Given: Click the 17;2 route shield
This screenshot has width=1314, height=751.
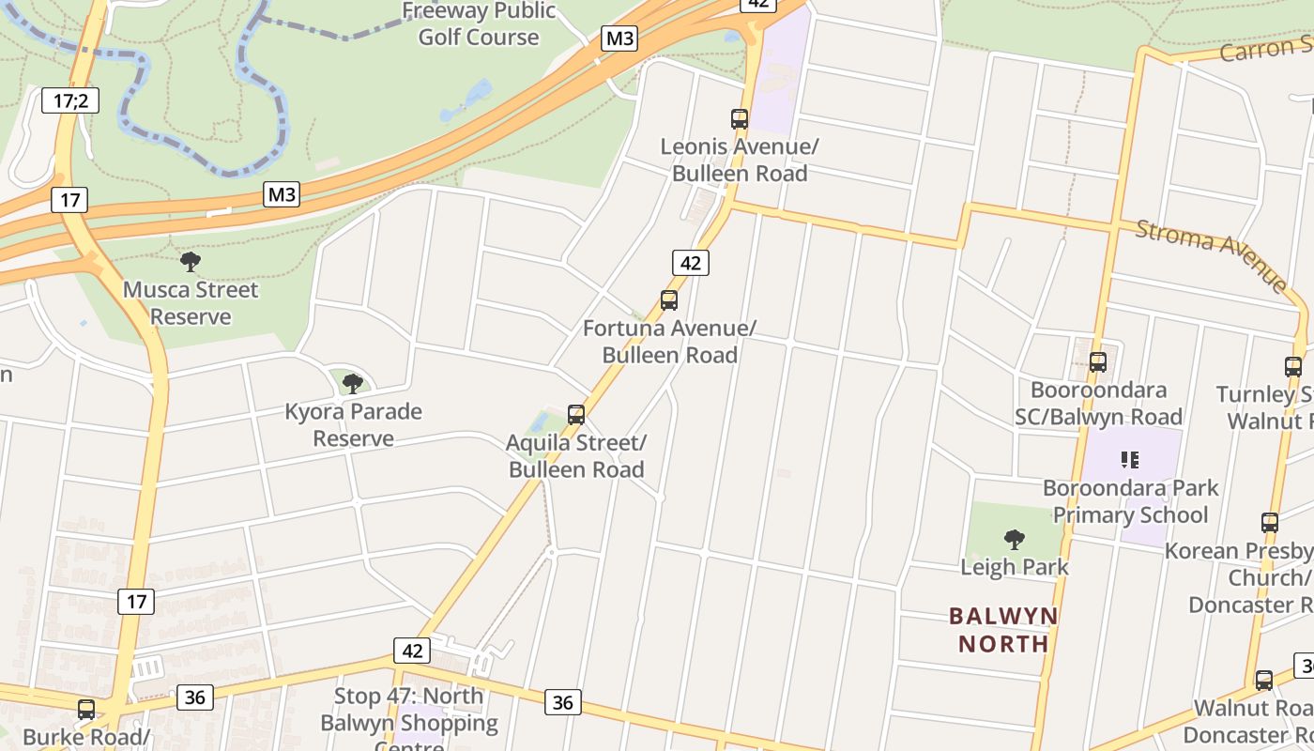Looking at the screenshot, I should pyautogui.click(x=70, y=100).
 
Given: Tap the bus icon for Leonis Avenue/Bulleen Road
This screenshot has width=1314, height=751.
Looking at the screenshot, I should pyautogui.click(x=740, y=119).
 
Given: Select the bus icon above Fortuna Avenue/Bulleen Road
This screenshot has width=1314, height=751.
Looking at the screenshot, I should pyautogui.click(x=669, y=300).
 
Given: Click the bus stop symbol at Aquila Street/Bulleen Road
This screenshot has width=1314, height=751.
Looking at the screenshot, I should pyautogui.click(x=576, y=415).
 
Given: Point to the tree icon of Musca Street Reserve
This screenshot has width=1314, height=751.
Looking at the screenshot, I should pyautogui.click(x=191, y=262).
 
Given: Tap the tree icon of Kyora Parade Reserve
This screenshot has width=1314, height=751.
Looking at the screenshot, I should pyautogui.click(x=353, y=383).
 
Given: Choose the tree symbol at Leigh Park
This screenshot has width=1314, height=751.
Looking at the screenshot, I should pyautogui.click(x=1014, y=540).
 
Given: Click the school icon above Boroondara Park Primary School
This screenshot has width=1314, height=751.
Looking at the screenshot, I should pyautogui.click(x=1130, y=460).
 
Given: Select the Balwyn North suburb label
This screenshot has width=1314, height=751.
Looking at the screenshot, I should pyautogui.click(x=1003, y=630).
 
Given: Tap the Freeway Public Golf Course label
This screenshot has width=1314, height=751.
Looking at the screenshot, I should pyautogui.click(x=479, y=24).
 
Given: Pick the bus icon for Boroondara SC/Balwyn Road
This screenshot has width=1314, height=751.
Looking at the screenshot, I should pyautogui.click(x=1098, y=361).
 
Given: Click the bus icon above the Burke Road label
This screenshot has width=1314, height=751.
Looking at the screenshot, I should pyautogui.click(x=86, y=710).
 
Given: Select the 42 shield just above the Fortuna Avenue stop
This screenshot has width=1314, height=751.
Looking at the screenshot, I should pyautogui.click(x=690, y=263).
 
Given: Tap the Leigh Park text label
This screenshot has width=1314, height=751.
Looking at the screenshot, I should pyautogui.click(x=1015, y=567).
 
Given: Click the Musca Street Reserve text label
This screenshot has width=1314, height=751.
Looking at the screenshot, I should pyautogui.click(x=191, y=303).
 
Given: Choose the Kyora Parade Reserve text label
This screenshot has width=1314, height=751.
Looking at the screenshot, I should pyautogui.click(x=353, y=425).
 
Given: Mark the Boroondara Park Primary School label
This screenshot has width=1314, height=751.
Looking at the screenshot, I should pyautogui.click(x=1130, y=501).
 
